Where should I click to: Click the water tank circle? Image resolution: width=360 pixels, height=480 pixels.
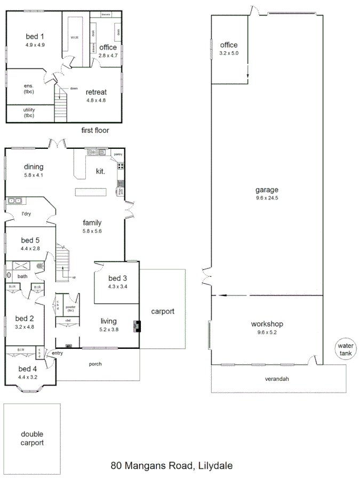[345, 349]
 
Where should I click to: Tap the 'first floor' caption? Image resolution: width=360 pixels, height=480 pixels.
[95, 130]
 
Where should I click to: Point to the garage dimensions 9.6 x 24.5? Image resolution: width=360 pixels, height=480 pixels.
[267, 197]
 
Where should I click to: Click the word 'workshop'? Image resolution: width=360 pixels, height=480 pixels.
[267, 324]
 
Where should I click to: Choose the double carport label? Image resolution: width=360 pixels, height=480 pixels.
[32, 438]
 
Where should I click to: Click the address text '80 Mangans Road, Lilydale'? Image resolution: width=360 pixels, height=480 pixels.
[172, 466]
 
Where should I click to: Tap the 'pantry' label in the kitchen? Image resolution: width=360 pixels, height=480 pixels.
[118, 154]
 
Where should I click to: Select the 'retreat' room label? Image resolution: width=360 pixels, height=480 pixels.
[96, 92]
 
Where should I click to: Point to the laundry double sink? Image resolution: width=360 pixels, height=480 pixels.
[14, 201]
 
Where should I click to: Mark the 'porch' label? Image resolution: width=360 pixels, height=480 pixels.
[95, 364]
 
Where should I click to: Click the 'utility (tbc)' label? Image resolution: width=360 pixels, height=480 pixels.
[29, 113]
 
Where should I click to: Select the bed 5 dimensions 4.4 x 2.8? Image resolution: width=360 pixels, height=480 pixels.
[30, 248]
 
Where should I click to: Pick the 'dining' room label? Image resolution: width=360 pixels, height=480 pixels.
[33, 167]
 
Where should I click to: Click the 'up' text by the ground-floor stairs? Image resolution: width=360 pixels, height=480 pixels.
[74, 277]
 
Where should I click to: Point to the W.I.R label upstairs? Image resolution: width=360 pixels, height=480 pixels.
[75, 37]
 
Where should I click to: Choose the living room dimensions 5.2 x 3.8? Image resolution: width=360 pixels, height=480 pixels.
[109, 329]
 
